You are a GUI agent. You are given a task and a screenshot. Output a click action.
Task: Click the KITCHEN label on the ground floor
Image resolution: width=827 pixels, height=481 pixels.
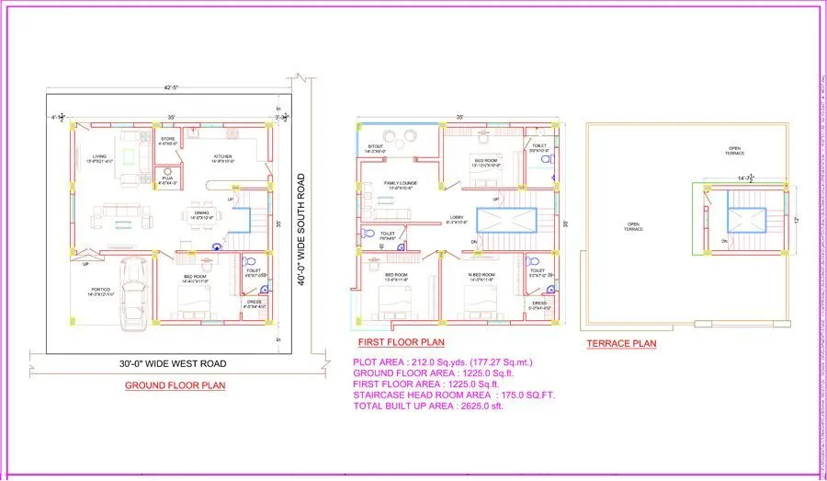[x=223, y=157]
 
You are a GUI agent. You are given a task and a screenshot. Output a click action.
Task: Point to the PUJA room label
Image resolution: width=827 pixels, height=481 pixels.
[x=167, y=180]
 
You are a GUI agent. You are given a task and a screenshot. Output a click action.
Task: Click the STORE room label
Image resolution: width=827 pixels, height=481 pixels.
[x=167, y=141]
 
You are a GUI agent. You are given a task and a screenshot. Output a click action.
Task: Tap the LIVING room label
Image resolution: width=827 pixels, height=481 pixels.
[x=98, y=157]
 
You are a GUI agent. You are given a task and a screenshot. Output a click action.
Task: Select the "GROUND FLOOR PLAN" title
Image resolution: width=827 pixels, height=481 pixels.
[x=175, y=385]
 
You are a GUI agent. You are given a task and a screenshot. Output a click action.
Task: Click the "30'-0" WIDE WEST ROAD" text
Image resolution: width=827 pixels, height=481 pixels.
[x=173, y=363]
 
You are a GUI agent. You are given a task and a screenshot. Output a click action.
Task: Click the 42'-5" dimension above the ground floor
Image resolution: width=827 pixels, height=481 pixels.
[x=171, y=89]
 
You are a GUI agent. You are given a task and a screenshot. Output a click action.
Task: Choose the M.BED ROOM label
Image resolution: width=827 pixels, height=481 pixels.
[x=482, y=275]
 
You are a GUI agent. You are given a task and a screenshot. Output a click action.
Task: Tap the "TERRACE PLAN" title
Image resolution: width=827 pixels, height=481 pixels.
[x=621, y=344]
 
